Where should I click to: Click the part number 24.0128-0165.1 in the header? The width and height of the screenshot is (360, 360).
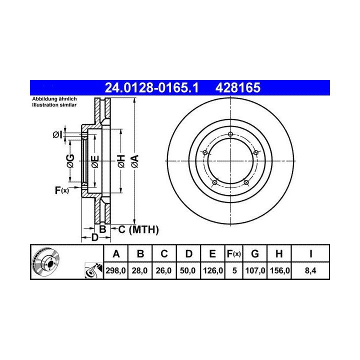point(151,87)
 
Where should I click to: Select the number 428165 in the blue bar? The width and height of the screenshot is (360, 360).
point(238,87)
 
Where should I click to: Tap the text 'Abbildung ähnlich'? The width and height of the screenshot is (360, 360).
point(54,99)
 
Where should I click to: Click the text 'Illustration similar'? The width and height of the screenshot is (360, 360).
point(54,105)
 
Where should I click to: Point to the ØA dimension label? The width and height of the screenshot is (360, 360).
point(135,161)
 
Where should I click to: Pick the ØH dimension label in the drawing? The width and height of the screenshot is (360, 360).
point(121,161)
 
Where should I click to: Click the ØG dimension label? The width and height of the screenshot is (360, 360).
point(70,161)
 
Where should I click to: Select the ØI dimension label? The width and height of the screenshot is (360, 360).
point(57,134)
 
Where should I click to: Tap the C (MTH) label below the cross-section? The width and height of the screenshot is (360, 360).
point(138,229)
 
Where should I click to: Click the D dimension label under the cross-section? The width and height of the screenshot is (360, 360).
point(95,237)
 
